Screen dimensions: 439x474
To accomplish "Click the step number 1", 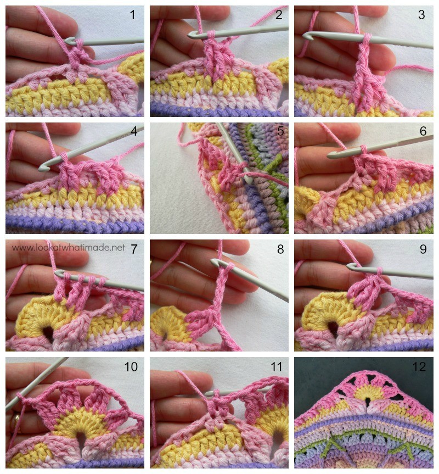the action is click(133, 14).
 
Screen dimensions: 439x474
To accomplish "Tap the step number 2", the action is click(279, 14).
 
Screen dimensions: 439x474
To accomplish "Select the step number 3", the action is click(422, 14).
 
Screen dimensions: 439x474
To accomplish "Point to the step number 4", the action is click(134, 131).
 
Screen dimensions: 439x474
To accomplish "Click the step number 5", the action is click(280, 131).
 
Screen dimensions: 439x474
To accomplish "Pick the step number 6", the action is click(423, 131).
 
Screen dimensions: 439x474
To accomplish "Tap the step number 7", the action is click(134, 249).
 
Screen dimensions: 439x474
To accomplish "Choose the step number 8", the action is click(280, 249).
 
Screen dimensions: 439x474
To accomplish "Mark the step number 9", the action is click(423, 249).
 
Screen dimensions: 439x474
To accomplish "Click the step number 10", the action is click(131, 367).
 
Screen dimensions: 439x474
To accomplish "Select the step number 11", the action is click(276, 367).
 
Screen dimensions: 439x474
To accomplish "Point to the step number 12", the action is click(419, 367).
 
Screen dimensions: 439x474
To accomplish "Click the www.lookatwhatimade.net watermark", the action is click(68, 248).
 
